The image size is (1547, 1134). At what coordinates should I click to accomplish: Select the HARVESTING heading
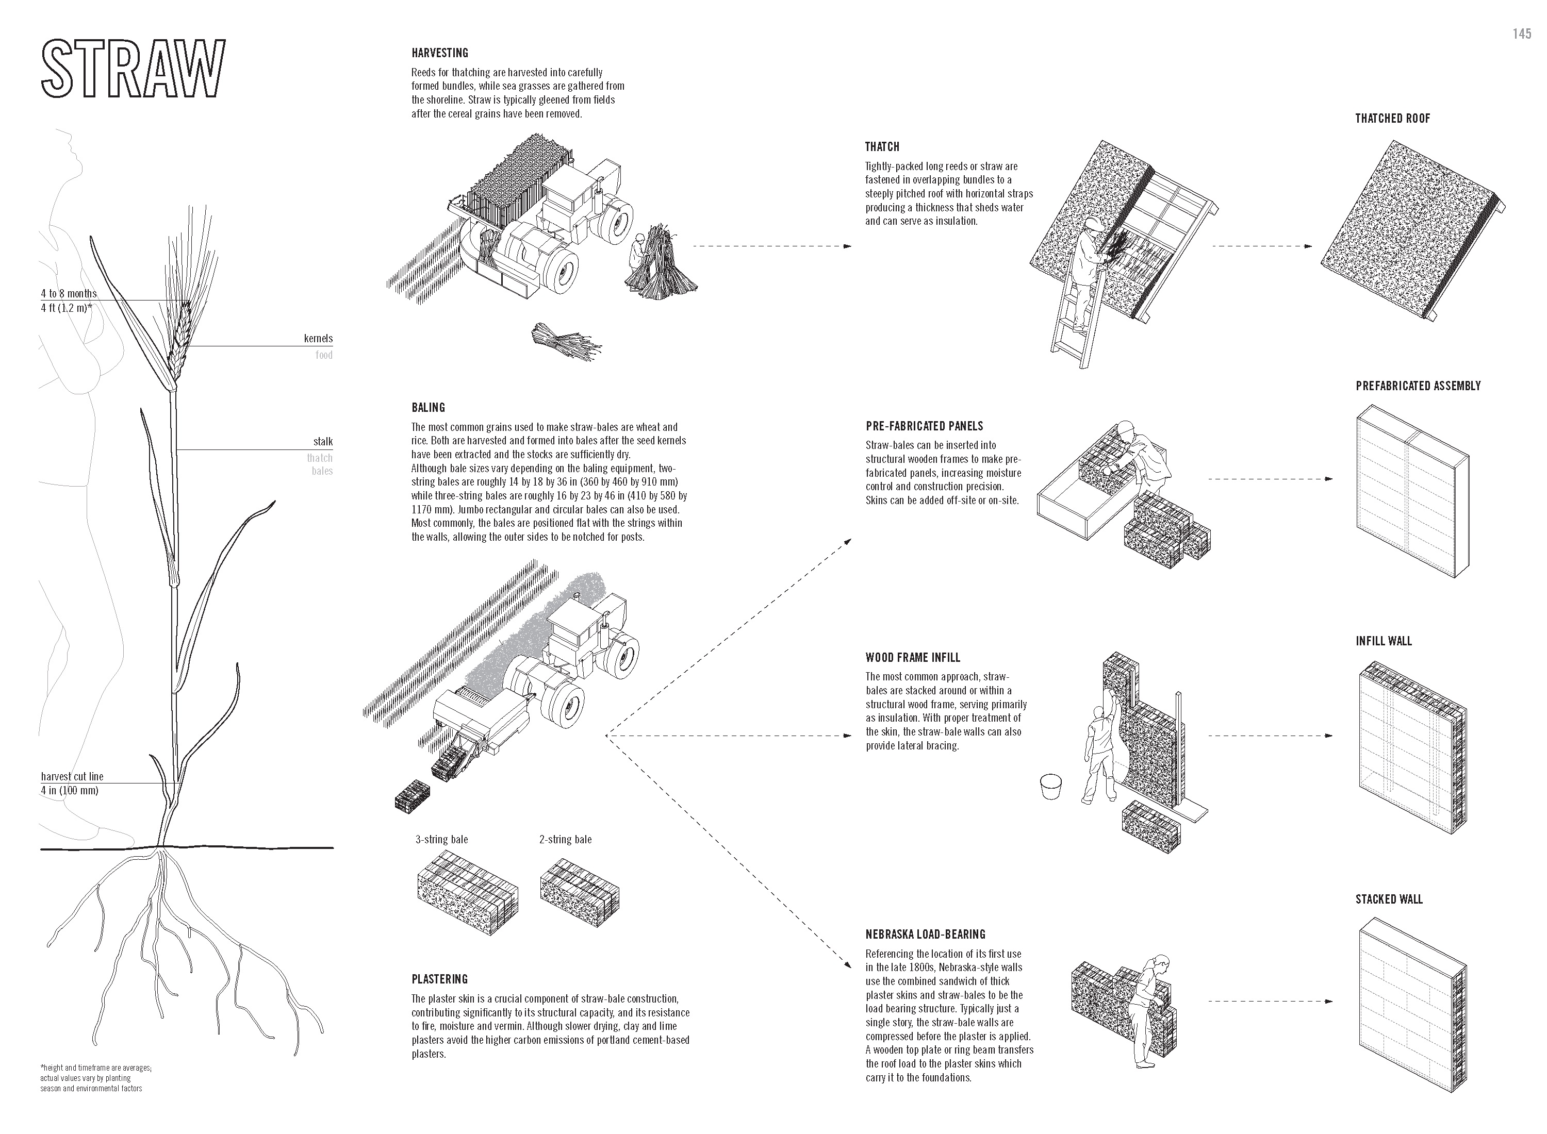point(439,53)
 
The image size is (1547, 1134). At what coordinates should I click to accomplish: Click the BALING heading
point(429,407)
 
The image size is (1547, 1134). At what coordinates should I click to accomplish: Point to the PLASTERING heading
point(439,979)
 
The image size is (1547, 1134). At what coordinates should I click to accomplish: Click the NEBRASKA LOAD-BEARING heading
point(925,934)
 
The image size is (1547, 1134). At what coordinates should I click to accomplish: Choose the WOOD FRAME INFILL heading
point(913,657)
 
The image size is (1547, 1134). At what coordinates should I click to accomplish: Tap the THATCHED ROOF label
point(1392,118)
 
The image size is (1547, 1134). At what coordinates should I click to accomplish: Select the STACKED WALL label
point(1388,899)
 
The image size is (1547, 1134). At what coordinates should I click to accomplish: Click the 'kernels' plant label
point(318,339)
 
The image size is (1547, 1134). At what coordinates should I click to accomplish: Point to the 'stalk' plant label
point(322,441)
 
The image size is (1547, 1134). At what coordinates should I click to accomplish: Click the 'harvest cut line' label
point(72,776)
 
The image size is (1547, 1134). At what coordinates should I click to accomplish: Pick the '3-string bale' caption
point(441,840)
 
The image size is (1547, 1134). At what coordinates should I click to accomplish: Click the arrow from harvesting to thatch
point(772,246)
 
